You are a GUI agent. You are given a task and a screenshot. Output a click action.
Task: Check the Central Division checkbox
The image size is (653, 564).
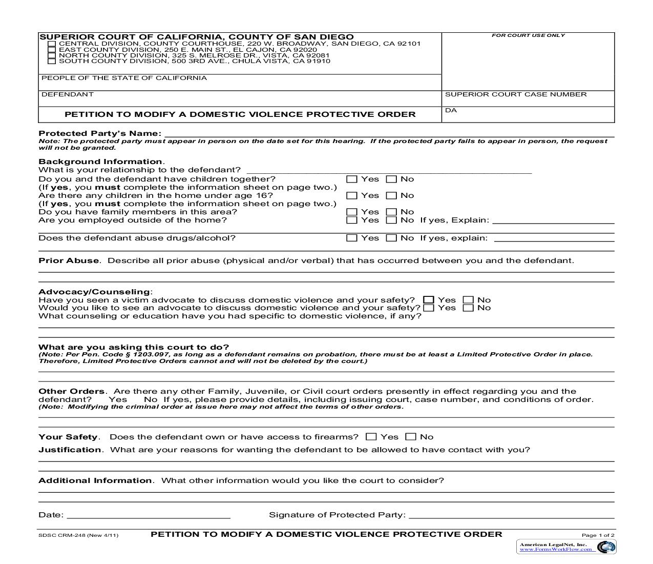pos(51,44)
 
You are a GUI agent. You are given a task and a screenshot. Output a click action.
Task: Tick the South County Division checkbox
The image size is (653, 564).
pos(51,61)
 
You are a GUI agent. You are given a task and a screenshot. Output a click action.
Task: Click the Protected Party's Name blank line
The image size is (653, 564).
pos(388,134)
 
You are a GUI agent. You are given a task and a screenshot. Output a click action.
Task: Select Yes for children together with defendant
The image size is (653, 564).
pos(351,179)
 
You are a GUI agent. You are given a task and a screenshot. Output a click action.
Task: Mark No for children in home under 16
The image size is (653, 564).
pos(391,196)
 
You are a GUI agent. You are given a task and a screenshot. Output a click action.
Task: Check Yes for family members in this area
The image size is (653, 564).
pos(351,212)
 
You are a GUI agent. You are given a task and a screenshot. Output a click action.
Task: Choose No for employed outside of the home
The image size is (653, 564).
pos(391,220)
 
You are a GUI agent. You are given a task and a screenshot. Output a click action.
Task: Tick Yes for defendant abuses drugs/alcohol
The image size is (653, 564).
pos(351,238)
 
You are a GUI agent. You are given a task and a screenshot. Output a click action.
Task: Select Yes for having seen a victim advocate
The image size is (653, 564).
pos(429,300)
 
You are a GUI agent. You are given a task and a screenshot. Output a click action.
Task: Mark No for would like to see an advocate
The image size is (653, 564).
pos(468,308)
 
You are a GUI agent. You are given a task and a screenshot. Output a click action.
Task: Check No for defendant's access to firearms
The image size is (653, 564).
pos(411,437)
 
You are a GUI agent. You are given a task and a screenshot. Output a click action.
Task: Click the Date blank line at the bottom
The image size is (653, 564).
pos(149,516)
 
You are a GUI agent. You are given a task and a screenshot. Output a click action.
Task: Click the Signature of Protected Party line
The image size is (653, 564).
pos(511,516)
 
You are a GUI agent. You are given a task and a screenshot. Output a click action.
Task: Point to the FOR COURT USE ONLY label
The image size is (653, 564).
pos(528,35)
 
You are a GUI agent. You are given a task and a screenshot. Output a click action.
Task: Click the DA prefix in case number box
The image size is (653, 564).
pos(451,111)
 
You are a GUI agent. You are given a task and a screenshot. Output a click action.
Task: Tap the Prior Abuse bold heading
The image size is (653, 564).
pos(69,260)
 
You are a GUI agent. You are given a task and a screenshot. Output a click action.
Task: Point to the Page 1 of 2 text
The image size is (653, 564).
pos(598,535)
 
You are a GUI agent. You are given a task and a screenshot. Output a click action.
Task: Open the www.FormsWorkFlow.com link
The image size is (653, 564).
pos(556,549)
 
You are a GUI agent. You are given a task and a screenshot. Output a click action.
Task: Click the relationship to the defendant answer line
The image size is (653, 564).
pos(389,171)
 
